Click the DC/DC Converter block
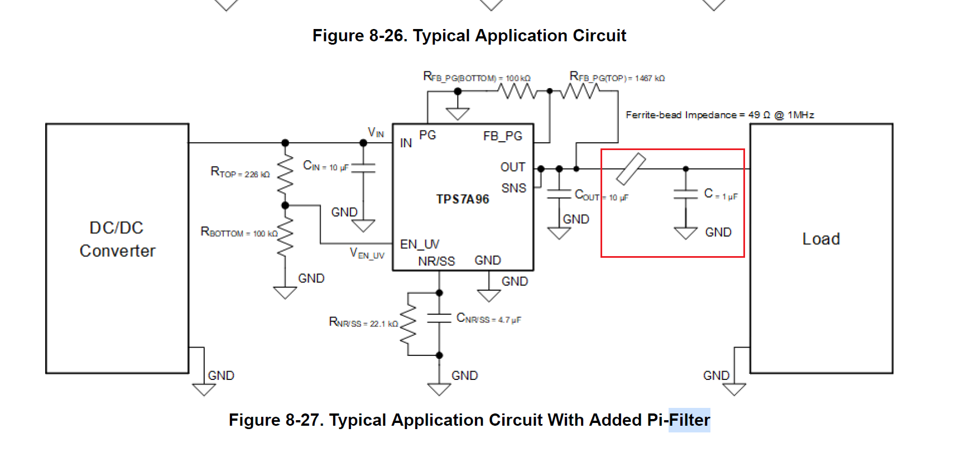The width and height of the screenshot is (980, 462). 117,248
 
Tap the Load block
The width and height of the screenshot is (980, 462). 821,248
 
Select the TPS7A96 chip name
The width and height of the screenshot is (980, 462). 463,199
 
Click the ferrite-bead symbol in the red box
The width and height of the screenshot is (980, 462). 631,169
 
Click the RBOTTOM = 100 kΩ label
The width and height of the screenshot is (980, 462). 239,232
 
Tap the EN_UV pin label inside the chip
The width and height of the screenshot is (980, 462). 420,244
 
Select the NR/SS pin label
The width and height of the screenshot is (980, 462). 436,261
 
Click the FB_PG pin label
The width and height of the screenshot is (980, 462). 502,136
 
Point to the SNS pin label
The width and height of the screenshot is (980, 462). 513,188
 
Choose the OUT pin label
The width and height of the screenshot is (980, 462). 512,167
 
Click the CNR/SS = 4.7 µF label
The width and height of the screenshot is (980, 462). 488,319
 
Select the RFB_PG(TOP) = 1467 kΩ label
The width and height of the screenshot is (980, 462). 617,77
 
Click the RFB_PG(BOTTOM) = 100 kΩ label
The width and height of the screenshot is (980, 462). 477,77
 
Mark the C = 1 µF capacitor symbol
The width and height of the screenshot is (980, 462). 686,194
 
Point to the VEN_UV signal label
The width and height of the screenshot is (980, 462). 367,253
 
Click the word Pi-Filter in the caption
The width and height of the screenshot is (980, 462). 678,420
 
